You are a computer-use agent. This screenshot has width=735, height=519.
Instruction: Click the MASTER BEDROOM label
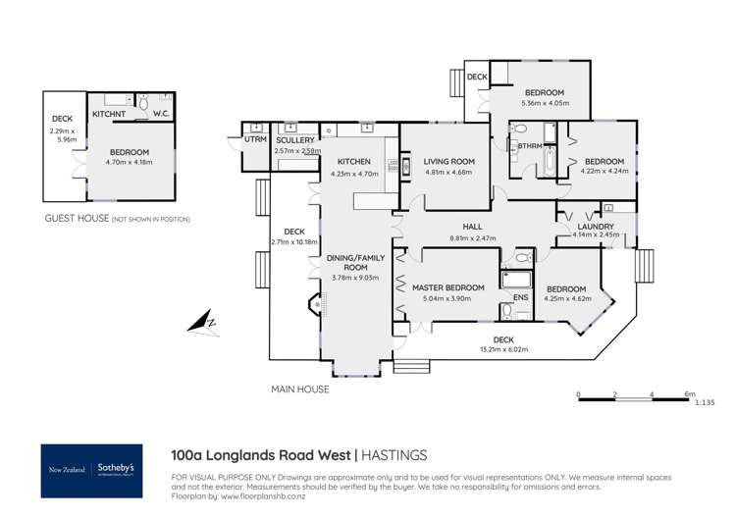(x=447, y=287)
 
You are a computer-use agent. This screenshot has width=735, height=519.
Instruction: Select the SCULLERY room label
(x=295, y=140)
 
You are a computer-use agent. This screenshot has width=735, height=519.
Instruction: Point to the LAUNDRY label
(x=596, y=226)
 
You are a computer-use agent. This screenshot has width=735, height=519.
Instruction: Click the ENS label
(x=521, y=297)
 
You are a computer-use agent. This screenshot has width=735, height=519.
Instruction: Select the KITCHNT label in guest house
(x=108, y=115)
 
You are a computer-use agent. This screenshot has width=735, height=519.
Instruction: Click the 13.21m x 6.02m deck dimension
(x=503, y=349)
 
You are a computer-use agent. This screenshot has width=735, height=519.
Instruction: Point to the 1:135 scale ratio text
(x=703, y=402)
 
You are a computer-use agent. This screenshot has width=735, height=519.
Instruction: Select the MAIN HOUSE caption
(x=299, y=389)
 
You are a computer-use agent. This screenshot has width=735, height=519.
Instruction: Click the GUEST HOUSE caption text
(x=77, y=219)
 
